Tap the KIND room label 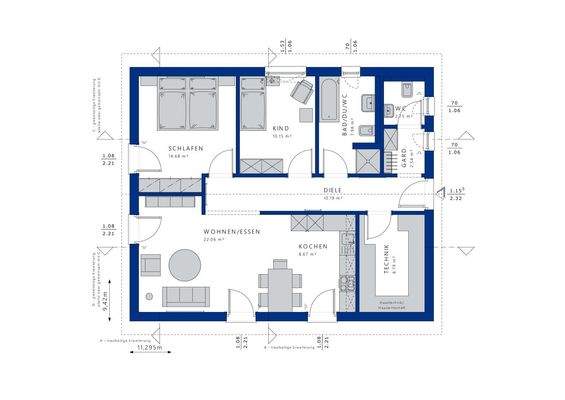[281, 128]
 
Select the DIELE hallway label [333, 190]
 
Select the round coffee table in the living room [184, 265]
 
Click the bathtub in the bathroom [330, 101]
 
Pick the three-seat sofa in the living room [186, 297]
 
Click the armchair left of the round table [151, 264]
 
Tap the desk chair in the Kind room [299, 92]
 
